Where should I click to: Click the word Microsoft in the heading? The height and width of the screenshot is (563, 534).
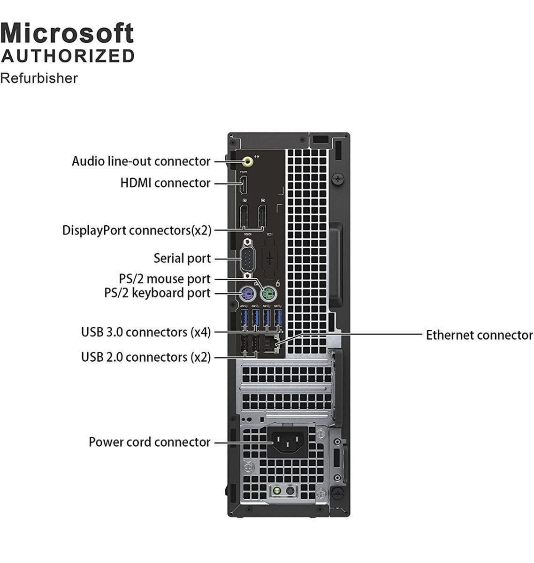tap(67, 33)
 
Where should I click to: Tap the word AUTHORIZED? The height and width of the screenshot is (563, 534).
tap(68, 56)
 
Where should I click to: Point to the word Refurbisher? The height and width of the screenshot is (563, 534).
tap(39, 78)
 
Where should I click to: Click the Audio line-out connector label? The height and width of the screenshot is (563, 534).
tap(141, 161)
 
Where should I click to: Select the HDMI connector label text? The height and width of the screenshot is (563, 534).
tap(165, 183)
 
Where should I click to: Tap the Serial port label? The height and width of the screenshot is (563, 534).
tap(182, 259)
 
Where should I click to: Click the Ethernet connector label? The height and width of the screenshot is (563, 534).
tap(479, 335)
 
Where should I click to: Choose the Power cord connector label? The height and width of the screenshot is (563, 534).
tap(150, 442)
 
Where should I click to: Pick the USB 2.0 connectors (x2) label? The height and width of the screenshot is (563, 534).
tap(146, 357)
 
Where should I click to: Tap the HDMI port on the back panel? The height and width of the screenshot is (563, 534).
tap(244, 185)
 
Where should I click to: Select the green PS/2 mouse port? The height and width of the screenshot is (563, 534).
tap(268, 294)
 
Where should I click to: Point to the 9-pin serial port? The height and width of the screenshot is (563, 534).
tap(248, 259)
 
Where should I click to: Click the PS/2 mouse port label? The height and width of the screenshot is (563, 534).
tap(164, 279)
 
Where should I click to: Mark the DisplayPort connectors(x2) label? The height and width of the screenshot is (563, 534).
tap(137, 230)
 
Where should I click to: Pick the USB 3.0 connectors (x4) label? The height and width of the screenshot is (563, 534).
tap(146, 332)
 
